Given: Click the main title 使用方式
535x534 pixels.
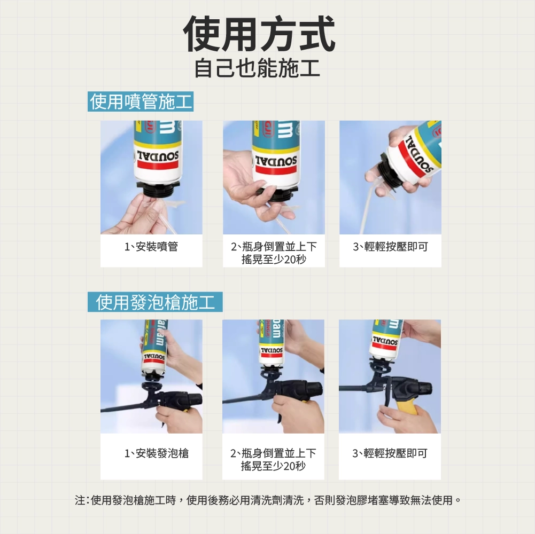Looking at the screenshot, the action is coord(259,34).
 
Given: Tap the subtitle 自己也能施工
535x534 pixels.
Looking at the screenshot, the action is coord(257,68).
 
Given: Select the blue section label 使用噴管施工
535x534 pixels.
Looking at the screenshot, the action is coord(141,101).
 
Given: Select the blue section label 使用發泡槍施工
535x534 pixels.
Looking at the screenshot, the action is coord(155,302).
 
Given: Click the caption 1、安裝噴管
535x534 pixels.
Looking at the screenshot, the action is coord(151,247).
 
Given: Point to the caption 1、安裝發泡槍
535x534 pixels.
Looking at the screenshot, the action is coord(156,453).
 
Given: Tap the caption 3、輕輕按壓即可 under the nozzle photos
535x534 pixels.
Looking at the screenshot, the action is coord(390,247).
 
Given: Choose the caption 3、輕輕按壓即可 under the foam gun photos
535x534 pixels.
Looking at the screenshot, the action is coord(390,453).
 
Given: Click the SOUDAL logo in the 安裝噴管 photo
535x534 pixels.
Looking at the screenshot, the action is coord(158,156).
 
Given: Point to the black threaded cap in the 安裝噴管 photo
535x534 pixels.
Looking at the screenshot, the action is coord(158,189).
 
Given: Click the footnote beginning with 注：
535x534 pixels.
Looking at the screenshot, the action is coord(268,500).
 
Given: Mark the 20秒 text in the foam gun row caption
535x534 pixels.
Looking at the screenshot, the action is coord(294,466).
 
